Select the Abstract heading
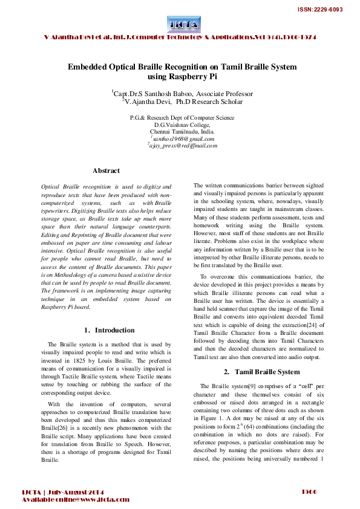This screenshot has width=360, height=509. [106, 171]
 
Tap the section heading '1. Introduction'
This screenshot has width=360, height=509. [106, 330]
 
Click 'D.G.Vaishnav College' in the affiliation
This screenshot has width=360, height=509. [182, 125]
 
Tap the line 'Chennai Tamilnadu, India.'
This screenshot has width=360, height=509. [182, 131]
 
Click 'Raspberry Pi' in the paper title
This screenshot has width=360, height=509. [189, 77]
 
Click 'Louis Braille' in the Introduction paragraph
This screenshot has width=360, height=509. [105, 357]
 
